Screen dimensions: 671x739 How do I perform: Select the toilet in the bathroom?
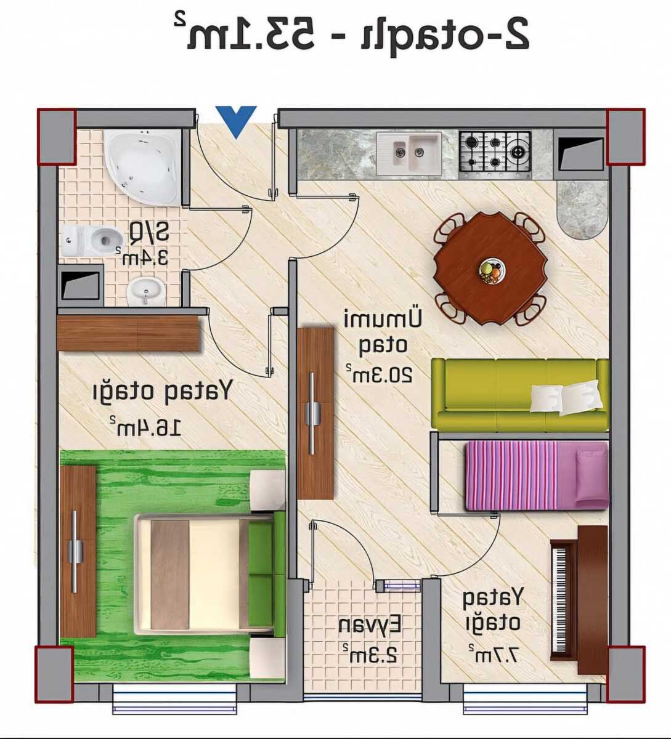click(91, 241)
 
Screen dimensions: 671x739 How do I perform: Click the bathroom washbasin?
click(145, 291)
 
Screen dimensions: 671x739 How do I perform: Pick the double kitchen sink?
click(409, 153)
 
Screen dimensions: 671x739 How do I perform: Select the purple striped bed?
click(537, 475)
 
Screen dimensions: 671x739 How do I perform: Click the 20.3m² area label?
click(379, 374)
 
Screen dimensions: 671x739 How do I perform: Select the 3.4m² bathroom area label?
click(142, 256)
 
